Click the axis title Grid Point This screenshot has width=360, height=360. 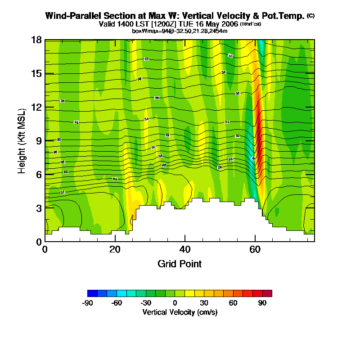tap(180, 264)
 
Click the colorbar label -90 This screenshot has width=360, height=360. tap(88, 303)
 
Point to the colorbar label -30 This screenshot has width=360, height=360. tap(146, 303)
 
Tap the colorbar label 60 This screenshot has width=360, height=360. tap(233, 303)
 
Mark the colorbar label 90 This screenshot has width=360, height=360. tap(262, 303)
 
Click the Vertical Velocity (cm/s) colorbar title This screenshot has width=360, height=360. tap(180, 312)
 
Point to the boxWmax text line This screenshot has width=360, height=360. tap(180, 31)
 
